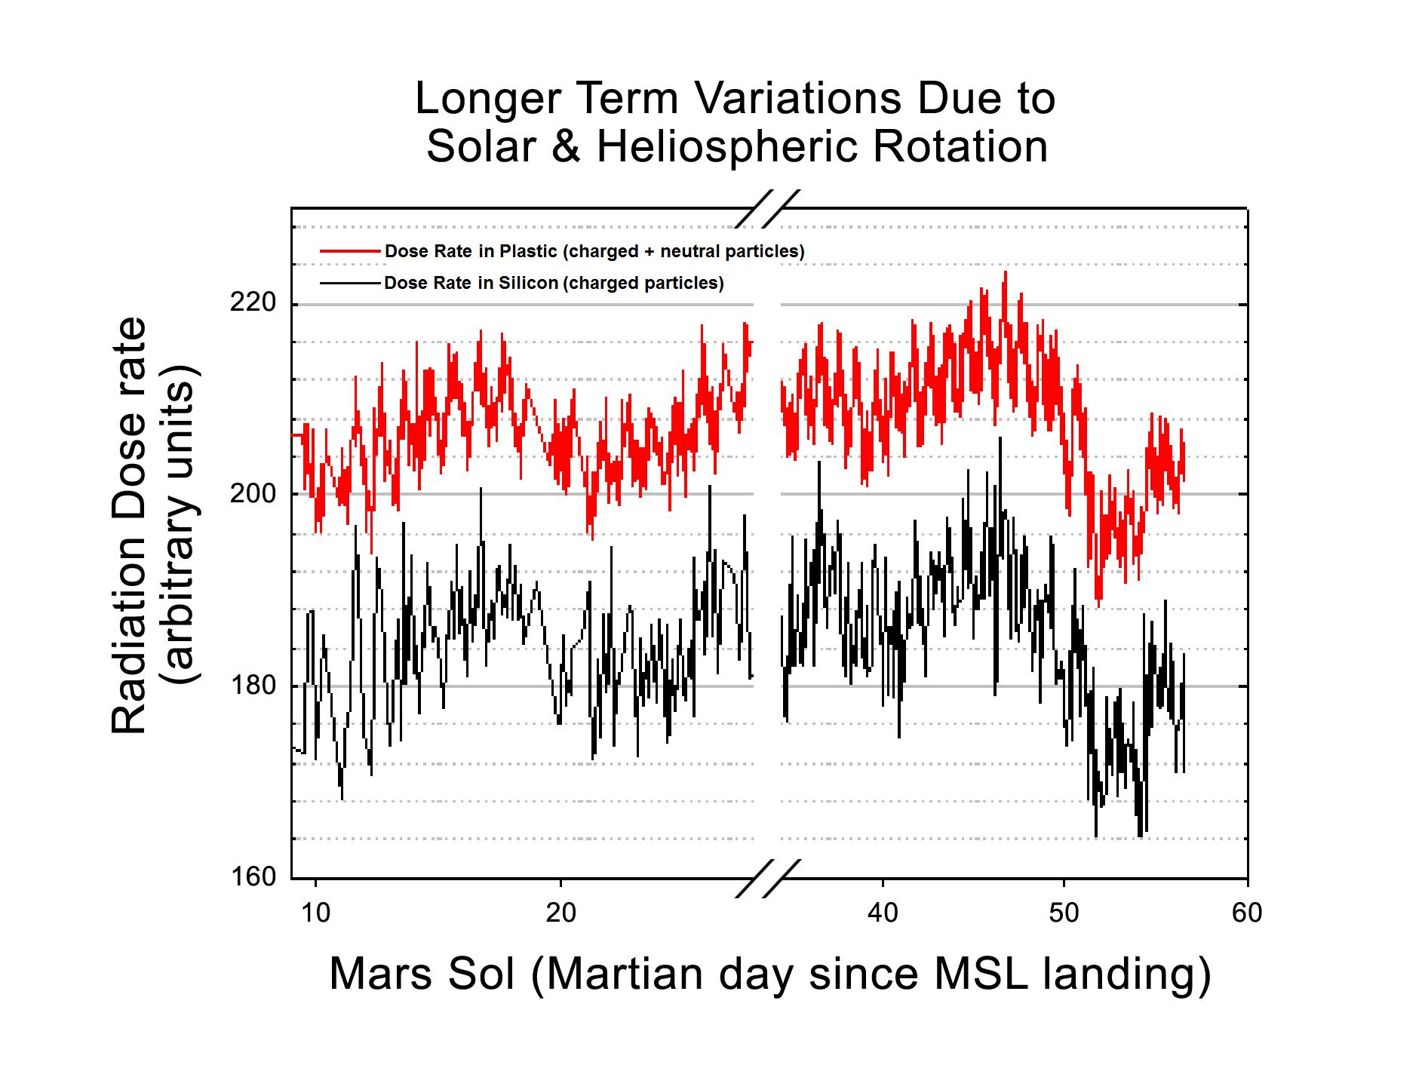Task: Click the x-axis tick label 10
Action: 315,913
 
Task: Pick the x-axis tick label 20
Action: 560,913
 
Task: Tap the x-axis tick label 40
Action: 882,913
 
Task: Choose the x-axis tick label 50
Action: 1064,913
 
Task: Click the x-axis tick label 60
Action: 1246,913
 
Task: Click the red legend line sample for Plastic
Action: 350,250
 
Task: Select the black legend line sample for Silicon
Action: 350,284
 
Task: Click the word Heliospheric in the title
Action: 727,146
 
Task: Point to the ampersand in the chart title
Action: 566,146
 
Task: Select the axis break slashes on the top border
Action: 767,208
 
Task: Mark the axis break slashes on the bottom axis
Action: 767,878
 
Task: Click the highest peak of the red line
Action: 1005,272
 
